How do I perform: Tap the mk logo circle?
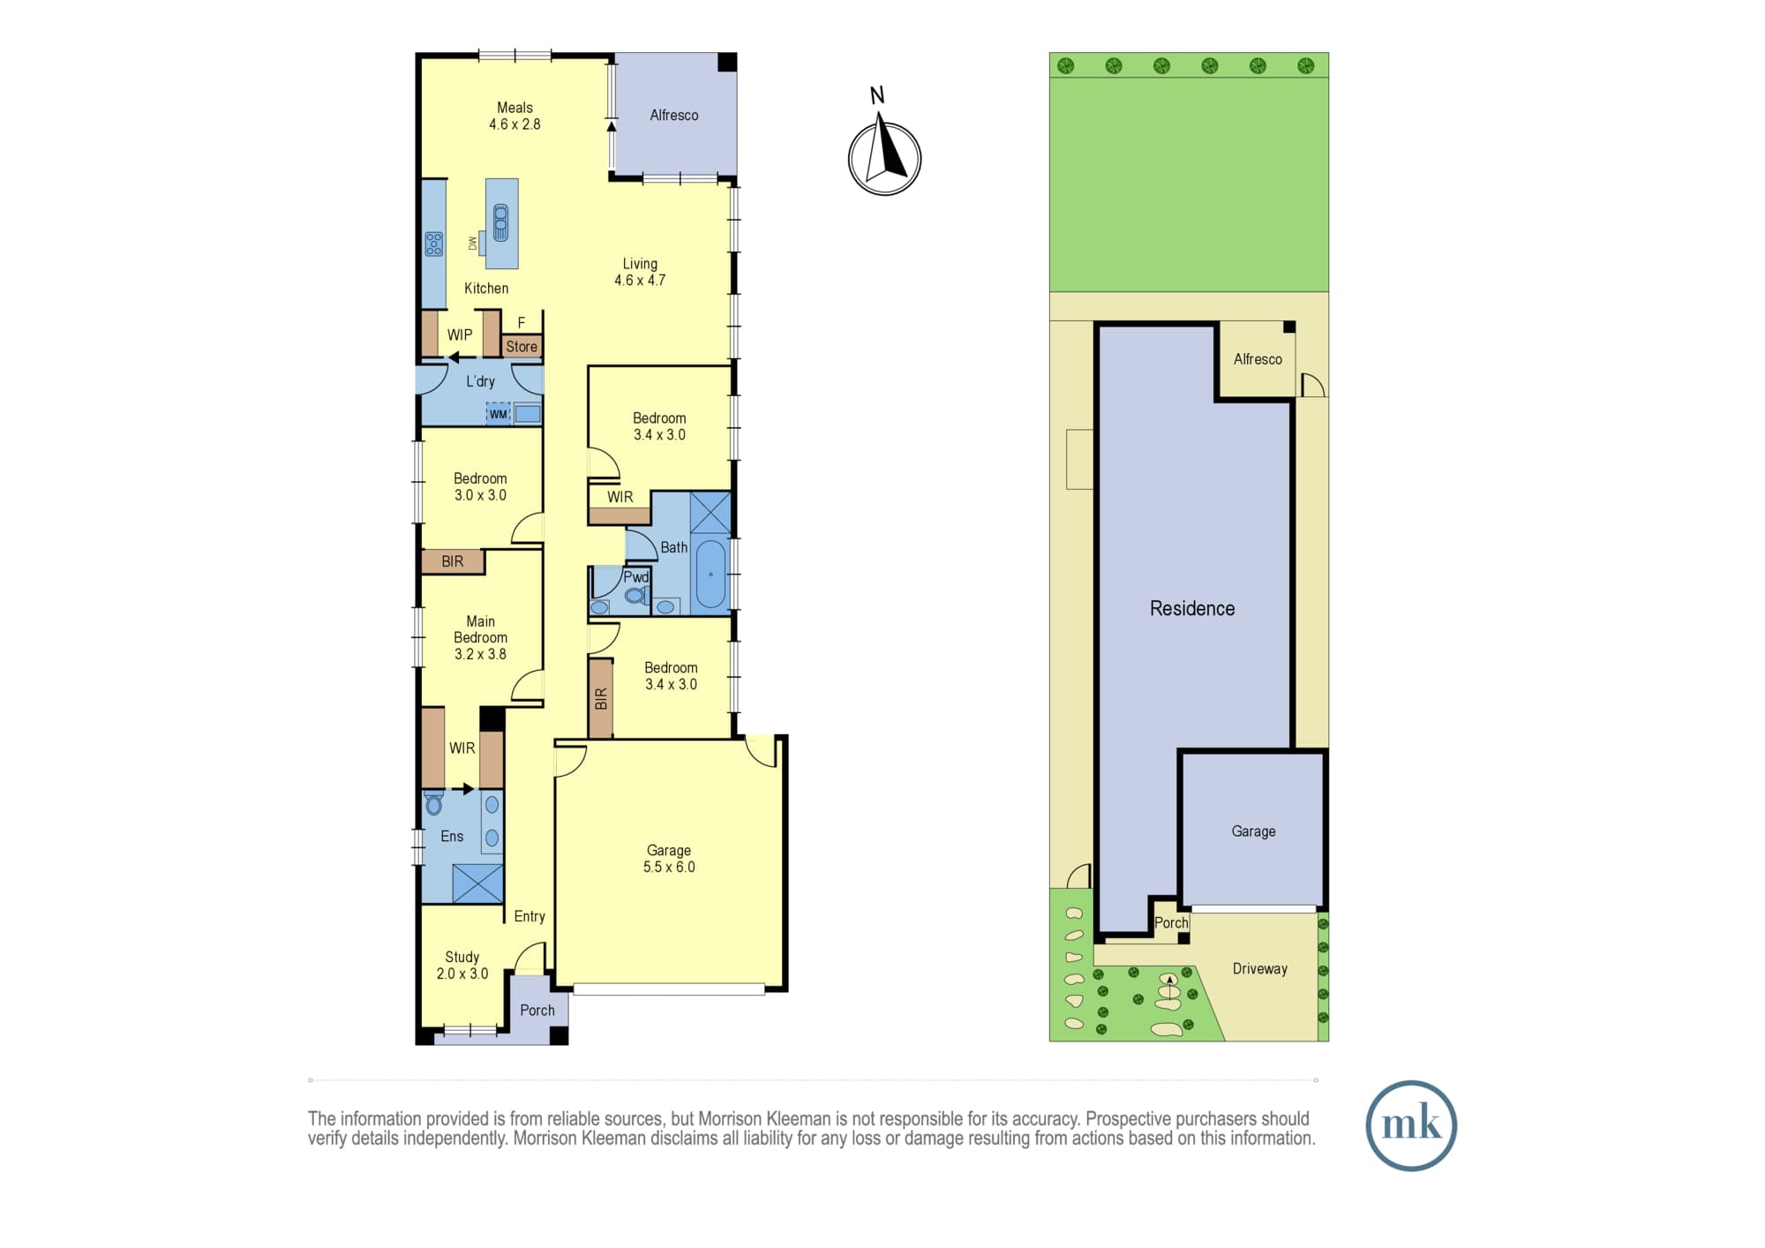[1410, 1125]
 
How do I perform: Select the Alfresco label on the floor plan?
[673, 115]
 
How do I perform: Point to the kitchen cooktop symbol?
[433, 244]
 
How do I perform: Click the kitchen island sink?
[501, 222]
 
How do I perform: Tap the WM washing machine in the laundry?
[499, 414]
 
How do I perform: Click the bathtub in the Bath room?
[710, 575]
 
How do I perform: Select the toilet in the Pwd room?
[635, 596]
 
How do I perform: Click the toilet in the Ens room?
[433, 803]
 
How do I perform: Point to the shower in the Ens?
[477, 883]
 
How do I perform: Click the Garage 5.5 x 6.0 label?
[669, 859]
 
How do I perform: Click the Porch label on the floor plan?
[537, 1011]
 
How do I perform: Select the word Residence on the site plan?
[1192, 608]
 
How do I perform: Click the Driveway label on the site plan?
[1260, 969]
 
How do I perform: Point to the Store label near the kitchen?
[522, 347]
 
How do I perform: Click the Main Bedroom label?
[481, 637]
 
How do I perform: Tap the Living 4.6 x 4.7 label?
[640, 272]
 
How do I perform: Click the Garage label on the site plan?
[1253, 831]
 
